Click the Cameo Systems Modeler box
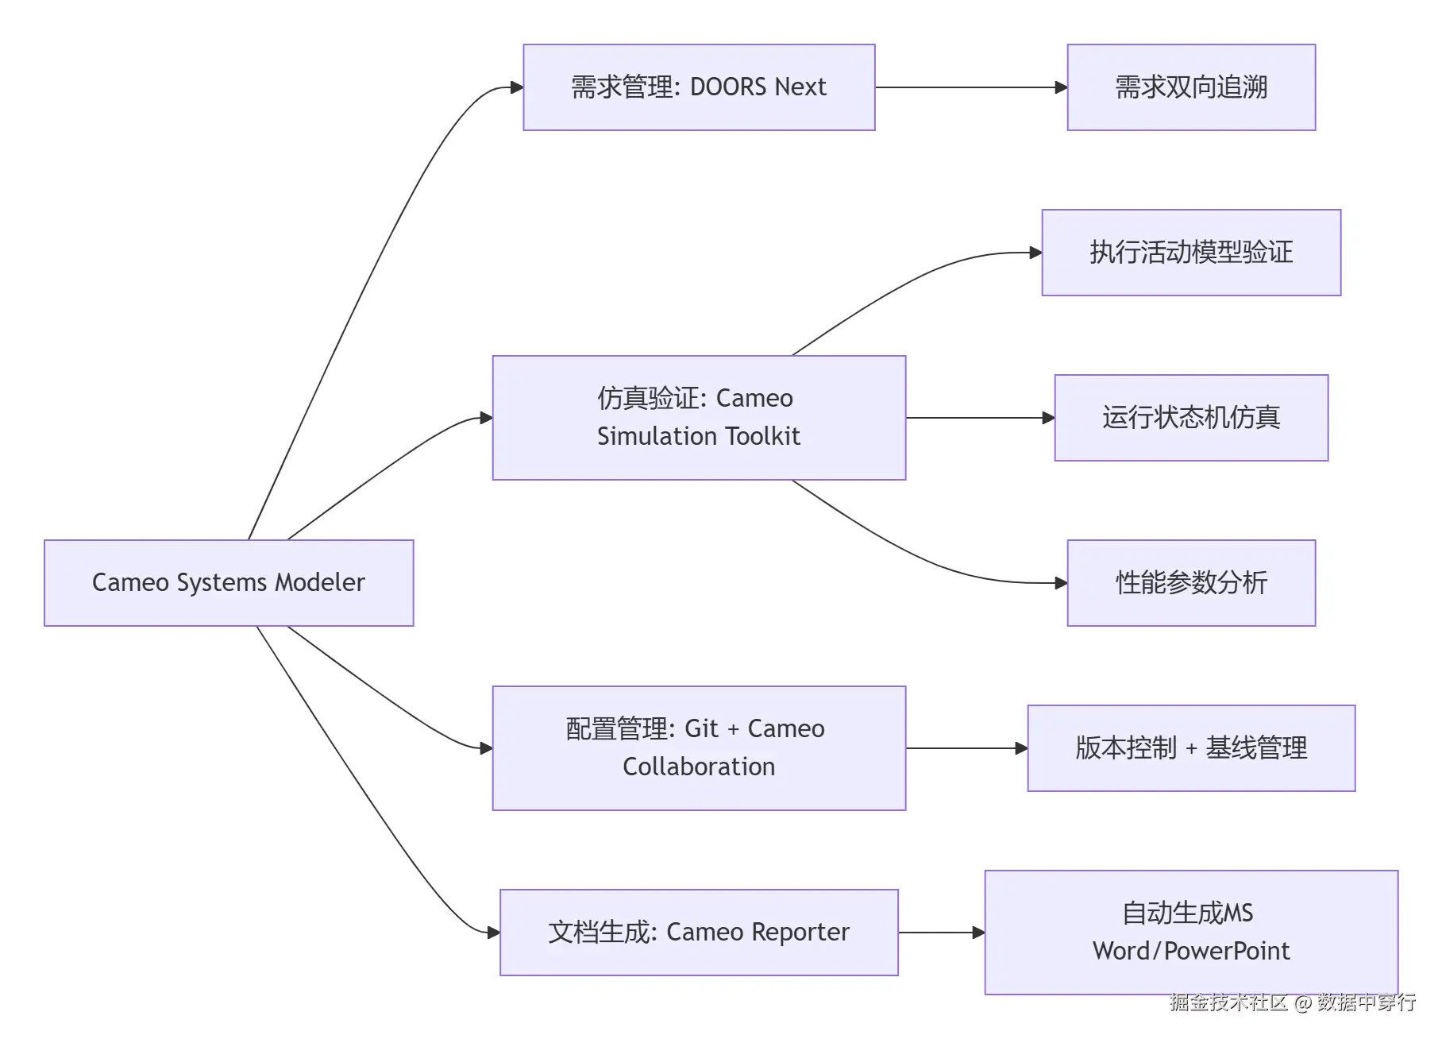[x=229, y=582]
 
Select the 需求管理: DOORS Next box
[x=699, y=87]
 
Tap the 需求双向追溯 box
[x=1191, y=87]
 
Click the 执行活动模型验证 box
[x=1191, y=253]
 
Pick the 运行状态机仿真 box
[x=1191, y=418]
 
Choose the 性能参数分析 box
[x=1191, y=583]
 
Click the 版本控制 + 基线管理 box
[x=1191, y=748]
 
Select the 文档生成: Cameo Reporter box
[x=699, y=933]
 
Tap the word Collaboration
[x=699, y=767]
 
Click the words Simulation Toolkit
[x=699, y=436]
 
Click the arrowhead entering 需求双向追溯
[x=1061, y=87]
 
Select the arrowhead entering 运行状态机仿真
[x=1048, y=418]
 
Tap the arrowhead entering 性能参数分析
[x=1061, y=583]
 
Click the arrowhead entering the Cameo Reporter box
[x=493, y=933]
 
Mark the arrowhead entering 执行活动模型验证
[x=1035, y=253]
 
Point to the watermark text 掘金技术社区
[x=1228, y=1002]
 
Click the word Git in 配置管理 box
[x=701, y=728]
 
